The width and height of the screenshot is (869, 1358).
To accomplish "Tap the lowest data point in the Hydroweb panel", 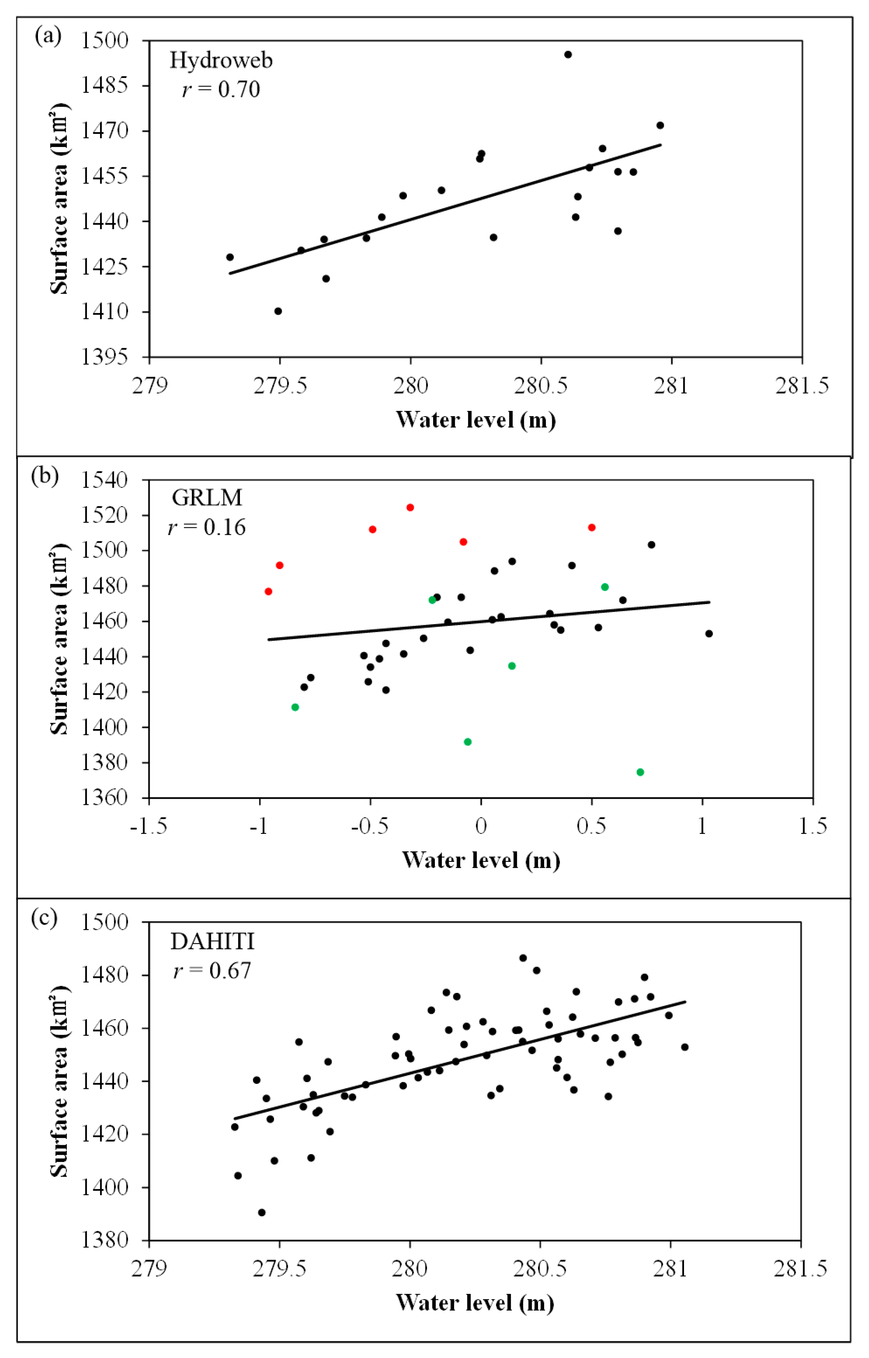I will pyautogui.click(x=277, y=311).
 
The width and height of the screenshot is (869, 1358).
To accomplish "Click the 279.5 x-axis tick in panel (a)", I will pyautogui.click(x=280, y=386).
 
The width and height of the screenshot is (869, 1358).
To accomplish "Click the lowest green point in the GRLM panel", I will pyautogui.click(x=640, y=772).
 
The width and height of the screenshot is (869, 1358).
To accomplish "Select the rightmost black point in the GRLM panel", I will pyautogui.click(x=709, y=633).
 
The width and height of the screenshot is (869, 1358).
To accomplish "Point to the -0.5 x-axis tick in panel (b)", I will pyautogui.click(x=370, y=827).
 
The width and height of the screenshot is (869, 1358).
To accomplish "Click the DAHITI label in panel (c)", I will pyautogui.click(x=212, y=941).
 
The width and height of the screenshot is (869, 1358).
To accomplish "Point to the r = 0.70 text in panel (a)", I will pyautogui.click(x=221, y=90).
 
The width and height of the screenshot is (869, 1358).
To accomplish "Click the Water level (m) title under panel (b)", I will pyautogui.click(x=481, y=860).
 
